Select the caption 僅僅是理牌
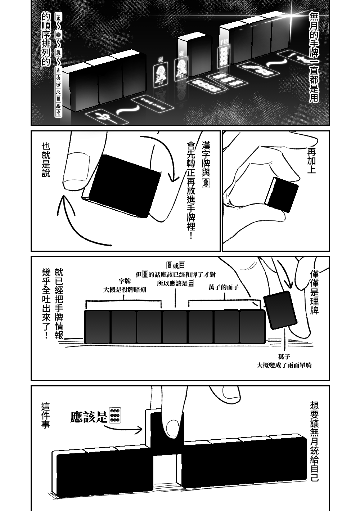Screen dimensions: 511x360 [314, 292]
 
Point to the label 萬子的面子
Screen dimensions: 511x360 [224, 287]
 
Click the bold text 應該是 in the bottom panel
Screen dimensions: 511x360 [89, 417]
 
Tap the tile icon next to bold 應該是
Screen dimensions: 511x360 [115, 416]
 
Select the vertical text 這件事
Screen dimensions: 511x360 [46, 416]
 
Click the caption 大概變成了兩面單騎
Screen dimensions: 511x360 [284, 365]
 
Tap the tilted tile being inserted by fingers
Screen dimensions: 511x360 [280, 310]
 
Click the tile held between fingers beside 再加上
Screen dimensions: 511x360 [283, 194]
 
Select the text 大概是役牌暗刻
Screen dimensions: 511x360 [125, 290]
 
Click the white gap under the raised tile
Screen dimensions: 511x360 [166, 468]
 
